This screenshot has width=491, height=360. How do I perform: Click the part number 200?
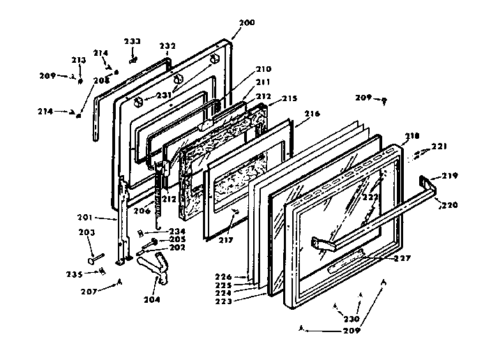(x=246, y=23)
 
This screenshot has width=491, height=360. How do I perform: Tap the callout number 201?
(x=105, y=218)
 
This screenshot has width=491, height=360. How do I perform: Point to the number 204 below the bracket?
(x=151, y=299)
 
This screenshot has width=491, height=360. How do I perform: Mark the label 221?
(x=439, y=146)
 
